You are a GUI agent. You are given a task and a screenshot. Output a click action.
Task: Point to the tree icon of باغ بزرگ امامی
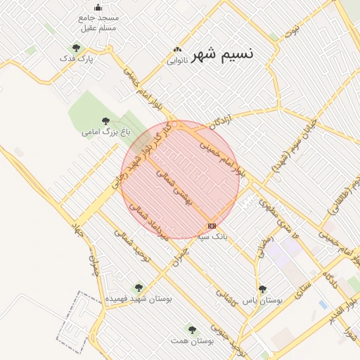point(105,121)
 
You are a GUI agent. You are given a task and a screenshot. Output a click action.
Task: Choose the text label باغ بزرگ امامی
point(98,131)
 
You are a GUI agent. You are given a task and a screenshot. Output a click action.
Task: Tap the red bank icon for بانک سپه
point(212,226)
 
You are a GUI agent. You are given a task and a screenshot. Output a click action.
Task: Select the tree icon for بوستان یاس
point(262,288)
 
